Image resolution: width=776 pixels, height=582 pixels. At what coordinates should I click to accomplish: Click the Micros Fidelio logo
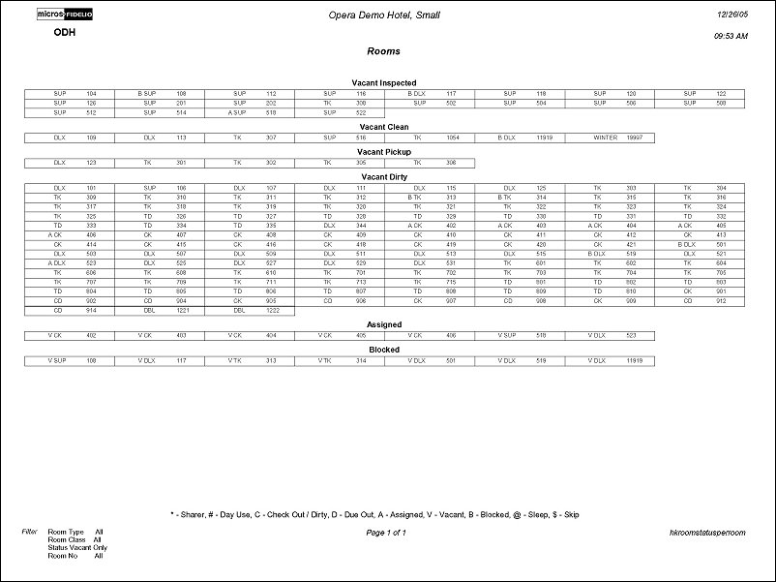tap(65, 15)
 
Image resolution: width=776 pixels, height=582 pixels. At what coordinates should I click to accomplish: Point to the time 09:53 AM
tap(731, 36)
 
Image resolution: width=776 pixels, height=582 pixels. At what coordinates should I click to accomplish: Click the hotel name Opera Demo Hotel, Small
tap(385, 15)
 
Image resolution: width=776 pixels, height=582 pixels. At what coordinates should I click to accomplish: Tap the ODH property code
tap(65, 32)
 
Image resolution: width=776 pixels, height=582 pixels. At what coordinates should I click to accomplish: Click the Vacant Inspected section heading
tap(384, 83)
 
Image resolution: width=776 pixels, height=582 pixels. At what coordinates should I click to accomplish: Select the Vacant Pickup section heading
tap(384, 152)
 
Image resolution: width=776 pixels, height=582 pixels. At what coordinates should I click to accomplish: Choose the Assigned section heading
tap(384, 325)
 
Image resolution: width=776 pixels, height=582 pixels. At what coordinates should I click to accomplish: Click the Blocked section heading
tap(384, 350)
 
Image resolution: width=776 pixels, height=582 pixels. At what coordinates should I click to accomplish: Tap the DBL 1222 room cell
tap(250, 311)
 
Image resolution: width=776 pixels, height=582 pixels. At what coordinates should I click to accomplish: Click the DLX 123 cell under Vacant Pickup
tap(70, 163)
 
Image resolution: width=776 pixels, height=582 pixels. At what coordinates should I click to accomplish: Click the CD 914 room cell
tap(70, 311)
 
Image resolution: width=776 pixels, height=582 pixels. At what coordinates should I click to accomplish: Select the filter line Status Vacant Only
tap(75, 547)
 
